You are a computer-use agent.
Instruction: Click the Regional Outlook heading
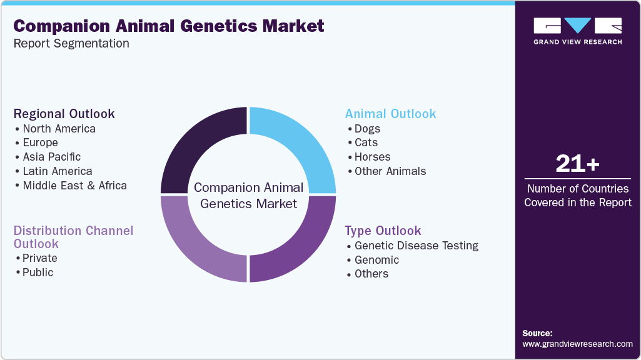pos(64,114)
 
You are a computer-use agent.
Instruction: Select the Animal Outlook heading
pos(391,114)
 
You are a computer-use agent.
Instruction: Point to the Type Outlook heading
pos(383,231)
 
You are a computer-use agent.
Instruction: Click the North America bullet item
pos(59,129)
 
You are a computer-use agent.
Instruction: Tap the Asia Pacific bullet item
pos(51,157)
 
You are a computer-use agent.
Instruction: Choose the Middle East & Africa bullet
pos(74,186)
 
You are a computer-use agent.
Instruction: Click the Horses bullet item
pos(372,157)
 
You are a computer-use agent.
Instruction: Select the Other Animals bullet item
pos(390,171)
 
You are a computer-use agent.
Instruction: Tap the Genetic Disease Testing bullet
pos(416,246)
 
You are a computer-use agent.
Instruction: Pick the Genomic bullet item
pos(376,260)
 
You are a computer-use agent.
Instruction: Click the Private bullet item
pos(39,258)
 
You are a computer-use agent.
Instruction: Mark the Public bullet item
pos(38,272)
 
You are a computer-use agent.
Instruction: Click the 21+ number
pos(577,164)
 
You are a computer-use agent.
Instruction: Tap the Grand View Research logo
pos(577,31)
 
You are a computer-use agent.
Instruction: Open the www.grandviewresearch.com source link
pos(577,344)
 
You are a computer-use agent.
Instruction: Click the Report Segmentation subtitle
pos(71,44)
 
